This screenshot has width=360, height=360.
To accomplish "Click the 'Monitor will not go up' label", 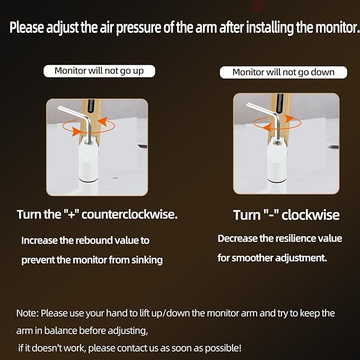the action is coord(99,71).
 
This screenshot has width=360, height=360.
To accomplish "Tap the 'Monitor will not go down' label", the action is coord(283,72).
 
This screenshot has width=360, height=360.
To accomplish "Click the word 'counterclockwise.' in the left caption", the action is coord(129,215).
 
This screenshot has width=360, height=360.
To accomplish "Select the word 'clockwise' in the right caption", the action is coord(310,215).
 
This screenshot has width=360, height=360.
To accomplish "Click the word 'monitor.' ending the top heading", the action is coord(337,28).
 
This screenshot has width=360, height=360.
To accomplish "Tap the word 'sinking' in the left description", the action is coord(147,260).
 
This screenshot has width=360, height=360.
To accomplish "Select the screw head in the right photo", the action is coord(277,143).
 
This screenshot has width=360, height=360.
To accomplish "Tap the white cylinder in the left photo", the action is coord(89,161).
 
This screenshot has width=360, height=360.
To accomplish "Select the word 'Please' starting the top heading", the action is coord(27,28).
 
